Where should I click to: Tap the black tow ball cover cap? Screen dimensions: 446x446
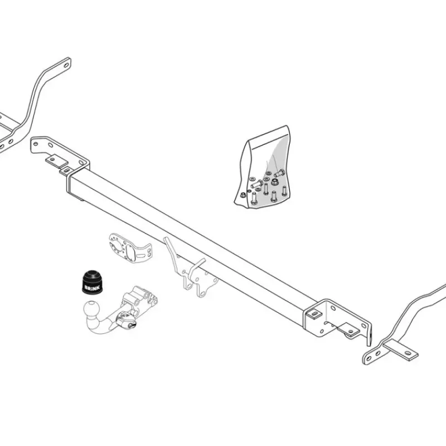(91, 282)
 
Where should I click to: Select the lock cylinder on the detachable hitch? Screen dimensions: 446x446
(130, 325)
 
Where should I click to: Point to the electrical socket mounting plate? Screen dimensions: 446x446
(129, 249)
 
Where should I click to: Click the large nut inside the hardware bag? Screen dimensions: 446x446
(274, 182)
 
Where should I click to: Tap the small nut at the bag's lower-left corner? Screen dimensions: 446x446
(243, 195)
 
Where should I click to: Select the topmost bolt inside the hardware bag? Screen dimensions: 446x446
(279, 173)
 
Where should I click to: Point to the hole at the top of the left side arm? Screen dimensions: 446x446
(66, 65)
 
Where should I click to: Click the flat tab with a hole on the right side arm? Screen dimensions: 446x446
(401, 350)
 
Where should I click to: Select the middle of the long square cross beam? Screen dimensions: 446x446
(193, 242)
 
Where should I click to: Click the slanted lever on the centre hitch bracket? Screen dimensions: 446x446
(172, 250)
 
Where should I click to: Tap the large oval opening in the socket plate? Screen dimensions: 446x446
(130, 252)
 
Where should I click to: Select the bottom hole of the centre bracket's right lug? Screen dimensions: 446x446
(202, 293)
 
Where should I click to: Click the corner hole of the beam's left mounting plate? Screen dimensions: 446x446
(36, 143)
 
